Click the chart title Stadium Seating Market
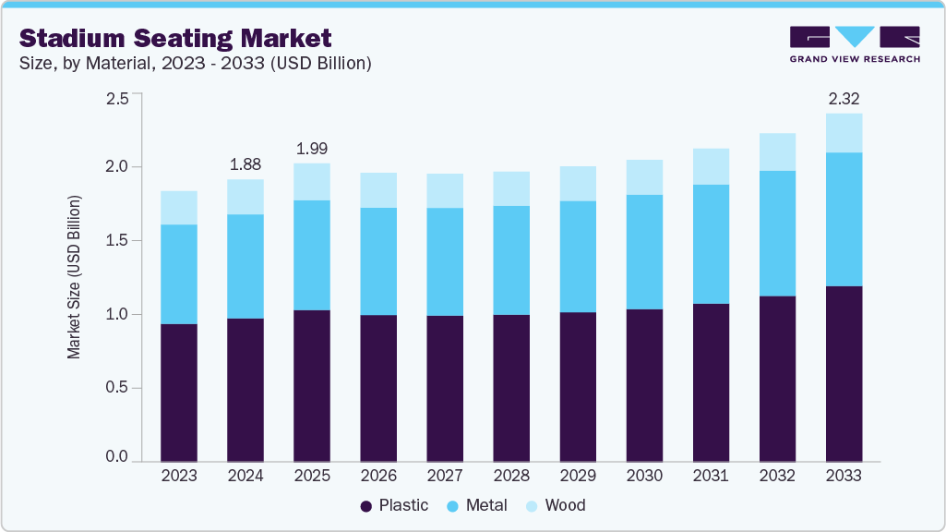click(175, 38)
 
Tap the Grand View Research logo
click(854, 44)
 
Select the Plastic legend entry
click(394, 505)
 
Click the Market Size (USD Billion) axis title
click(74, 277)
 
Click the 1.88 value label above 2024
click(245, 164)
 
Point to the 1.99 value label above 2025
click(312, 148)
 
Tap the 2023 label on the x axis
click(179, 477)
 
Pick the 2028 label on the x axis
click(511, 477)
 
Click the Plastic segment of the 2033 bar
click(844, 374)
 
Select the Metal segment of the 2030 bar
click(644, 252)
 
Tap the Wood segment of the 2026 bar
click(378, 190)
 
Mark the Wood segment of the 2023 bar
click(179, 208)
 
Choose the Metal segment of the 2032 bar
click(777, 234)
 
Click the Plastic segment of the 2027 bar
click(445, 388)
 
